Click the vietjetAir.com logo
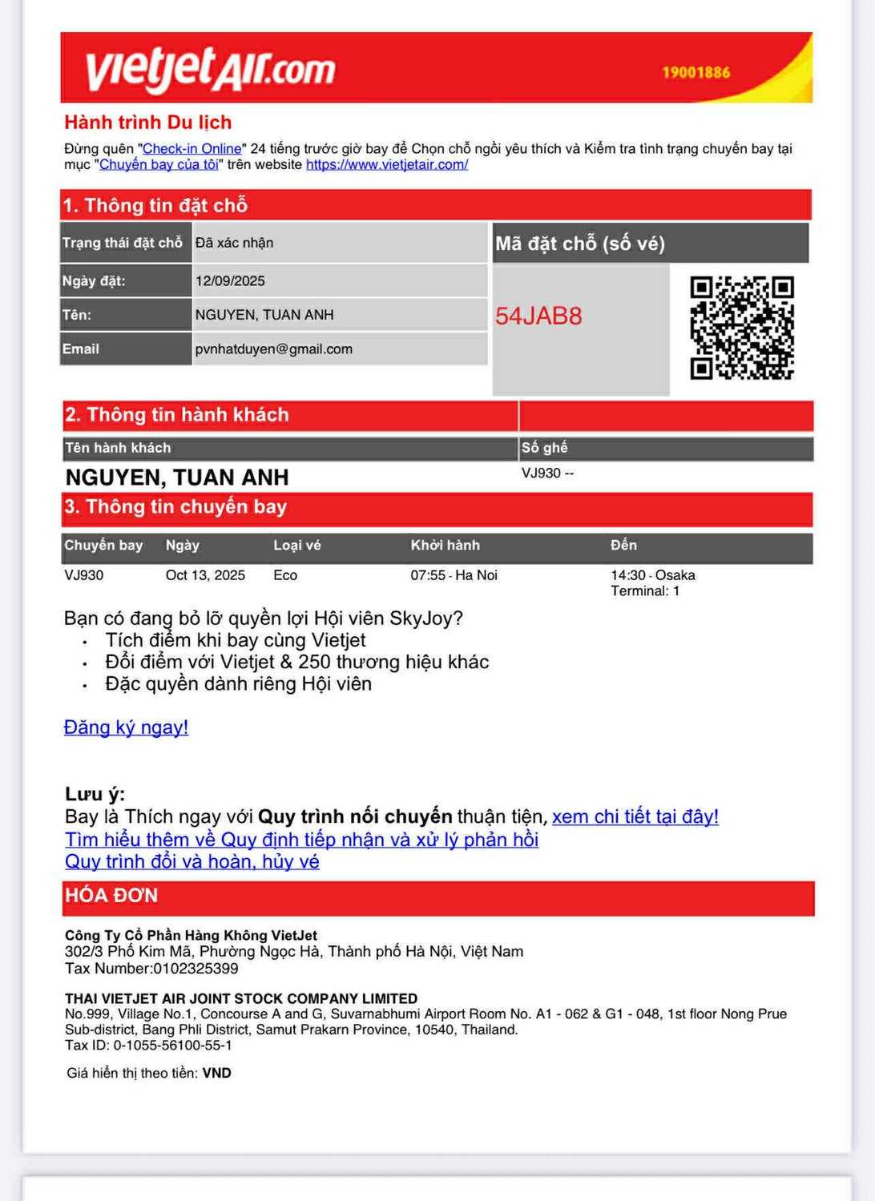210,69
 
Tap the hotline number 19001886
696,72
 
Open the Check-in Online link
192,149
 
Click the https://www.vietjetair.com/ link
387,165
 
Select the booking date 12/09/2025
230,281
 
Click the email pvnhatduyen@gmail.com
273,349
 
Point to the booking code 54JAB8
538,316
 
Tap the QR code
742,328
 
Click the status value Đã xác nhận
234,243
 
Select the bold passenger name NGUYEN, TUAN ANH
177,478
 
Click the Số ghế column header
545,448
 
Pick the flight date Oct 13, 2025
205,575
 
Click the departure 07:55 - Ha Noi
454,575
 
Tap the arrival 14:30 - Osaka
652,575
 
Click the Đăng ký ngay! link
126,727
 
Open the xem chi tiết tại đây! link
635,816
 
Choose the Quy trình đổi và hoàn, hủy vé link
192,861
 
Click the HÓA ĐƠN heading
111,896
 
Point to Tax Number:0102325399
151,969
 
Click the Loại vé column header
296,546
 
